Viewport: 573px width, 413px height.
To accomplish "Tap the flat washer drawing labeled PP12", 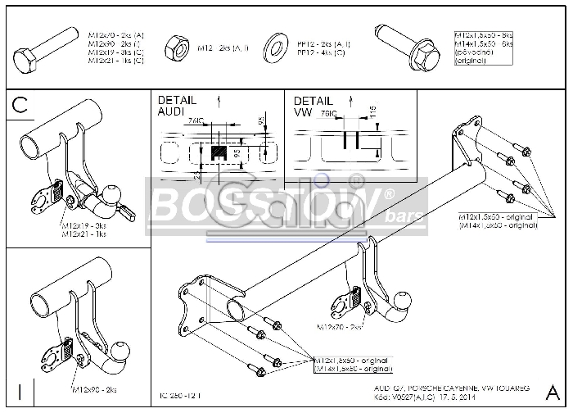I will [x=274, y=49].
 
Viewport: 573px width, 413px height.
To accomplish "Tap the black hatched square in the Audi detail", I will [x=219, y=152].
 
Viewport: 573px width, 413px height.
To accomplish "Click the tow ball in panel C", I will [x=112, y=193].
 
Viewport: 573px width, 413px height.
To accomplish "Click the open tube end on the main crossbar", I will [x=235, y=311].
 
